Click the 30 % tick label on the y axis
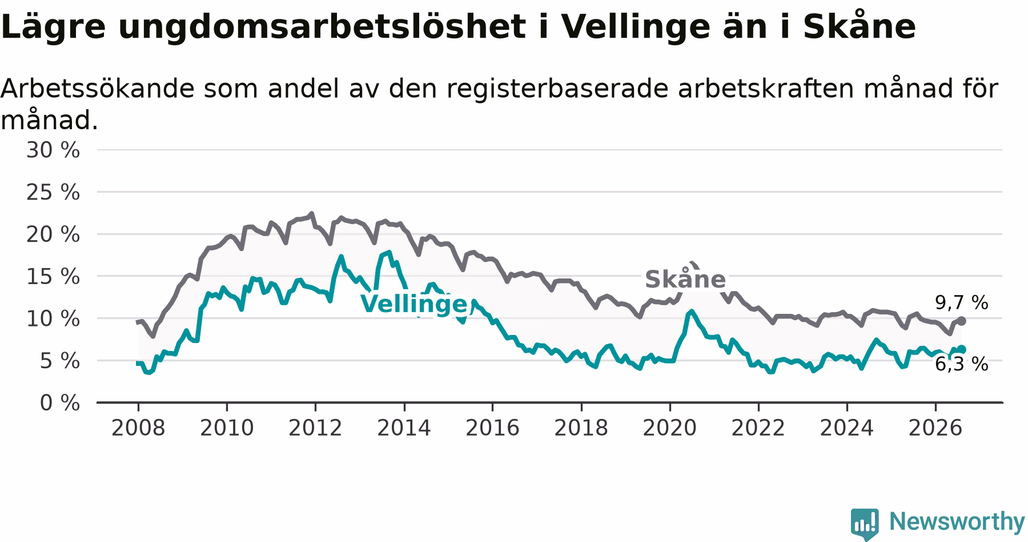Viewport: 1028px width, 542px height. click(x=53, y=150)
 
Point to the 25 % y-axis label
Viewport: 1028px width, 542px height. click(x=53, y=193)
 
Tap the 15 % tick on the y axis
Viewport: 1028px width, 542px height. click(x=53, y=277)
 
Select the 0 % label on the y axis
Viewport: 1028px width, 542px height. click(x=60, y=403)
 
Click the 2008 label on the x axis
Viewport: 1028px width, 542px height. click(x=138, y=428)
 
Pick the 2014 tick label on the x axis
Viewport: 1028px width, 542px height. click(x=404, y=428)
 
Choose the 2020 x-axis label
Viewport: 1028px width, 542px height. click(x=670, y=428)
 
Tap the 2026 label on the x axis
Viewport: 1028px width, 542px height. click(x=935, y=428)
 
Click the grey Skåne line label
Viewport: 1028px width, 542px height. click(x=685, y=279)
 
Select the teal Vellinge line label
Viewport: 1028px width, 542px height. click(x=414, y=304)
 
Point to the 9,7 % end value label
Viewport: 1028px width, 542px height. click(x=962, y=303)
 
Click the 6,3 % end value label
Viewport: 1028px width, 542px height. click(x=962, y=364)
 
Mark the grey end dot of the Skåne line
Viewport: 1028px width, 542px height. click(x=962, y=321)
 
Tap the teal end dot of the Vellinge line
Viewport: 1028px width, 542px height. click(x=962, y=349)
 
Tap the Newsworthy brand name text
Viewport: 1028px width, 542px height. click(x=957, y=522)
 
